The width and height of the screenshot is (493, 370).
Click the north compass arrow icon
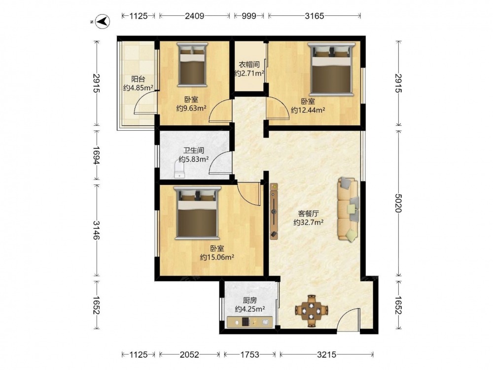[102, 22]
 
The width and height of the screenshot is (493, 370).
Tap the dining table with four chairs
[312, 311]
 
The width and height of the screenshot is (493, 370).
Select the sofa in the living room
[349, 210]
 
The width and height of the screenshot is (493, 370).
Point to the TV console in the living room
[274, 211]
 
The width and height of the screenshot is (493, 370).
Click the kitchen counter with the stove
[249, 322]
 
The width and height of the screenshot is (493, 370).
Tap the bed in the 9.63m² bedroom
[192, 65]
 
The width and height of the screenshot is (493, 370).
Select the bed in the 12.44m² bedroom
[331, 69]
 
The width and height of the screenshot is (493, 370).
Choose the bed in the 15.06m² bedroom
[197, 212]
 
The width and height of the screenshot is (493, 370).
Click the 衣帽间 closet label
[249, 65]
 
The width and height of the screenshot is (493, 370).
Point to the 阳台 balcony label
[138, 79]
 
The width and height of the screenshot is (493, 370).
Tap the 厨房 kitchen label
[249, 300]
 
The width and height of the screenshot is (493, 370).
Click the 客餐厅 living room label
[309, 214]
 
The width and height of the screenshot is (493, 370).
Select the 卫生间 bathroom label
[194, 150]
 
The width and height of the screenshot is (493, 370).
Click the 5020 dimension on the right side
[398, 203]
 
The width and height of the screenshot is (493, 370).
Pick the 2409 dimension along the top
[194, 16]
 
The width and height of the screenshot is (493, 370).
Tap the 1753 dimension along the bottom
[249, 355]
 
